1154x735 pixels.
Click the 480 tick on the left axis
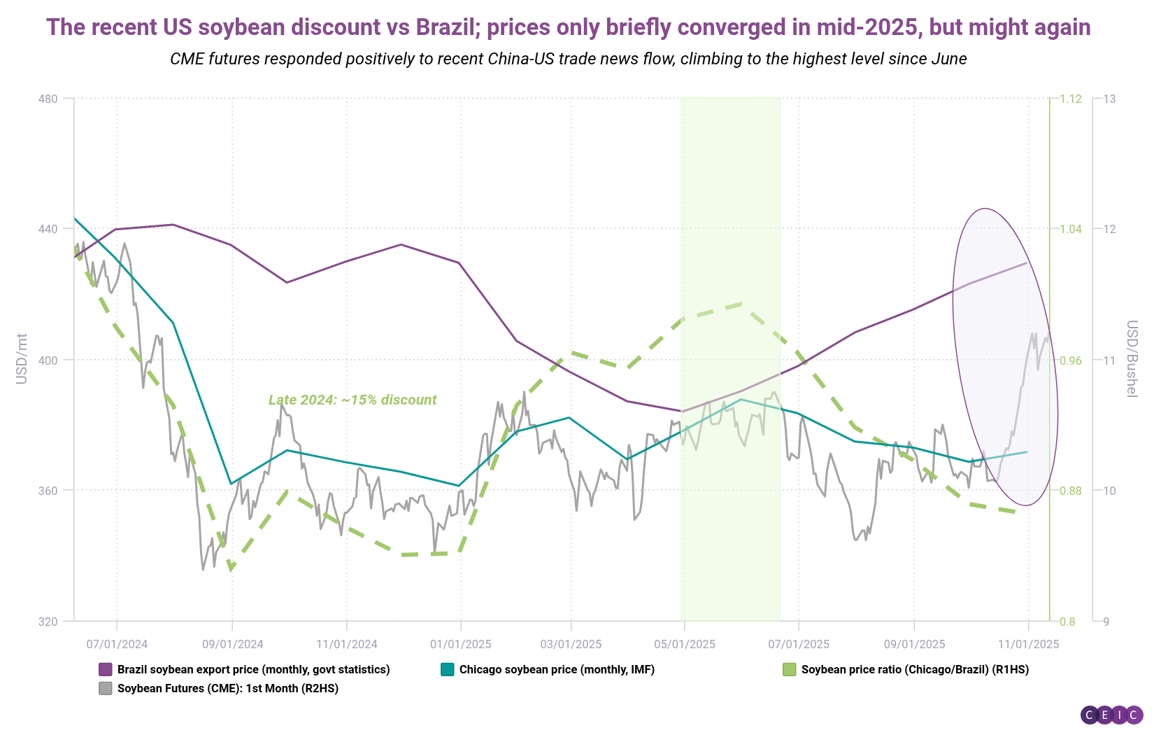point(48,99)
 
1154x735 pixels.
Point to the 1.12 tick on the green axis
point(1070,99)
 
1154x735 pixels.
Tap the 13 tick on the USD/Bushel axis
point(1109,99)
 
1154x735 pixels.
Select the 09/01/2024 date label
point(233,644)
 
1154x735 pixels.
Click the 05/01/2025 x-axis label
point(685,644)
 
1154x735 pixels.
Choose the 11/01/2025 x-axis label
point(1028,644)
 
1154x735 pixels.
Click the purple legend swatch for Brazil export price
point(106,670)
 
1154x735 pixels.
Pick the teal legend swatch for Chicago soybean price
point(448,670)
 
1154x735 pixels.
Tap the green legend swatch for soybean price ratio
point(790,670)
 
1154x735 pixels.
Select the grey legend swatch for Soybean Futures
point(106,689)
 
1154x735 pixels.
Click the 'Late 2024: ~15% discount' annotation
point(352,400)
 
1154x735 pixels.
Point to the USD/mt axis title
point(22,359)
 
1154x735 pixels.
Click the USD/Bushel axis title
point(1132,359)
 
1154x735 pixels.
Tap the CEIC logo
point(1111,715)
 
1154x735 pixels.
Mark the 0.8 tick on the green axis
point(1067,621)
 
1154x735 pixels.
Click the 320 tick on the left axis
point(48,621)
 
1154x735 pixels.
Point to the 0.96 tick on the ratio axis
point(1070,360)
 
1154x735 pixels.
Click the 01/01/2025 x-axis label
point(461,644)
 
